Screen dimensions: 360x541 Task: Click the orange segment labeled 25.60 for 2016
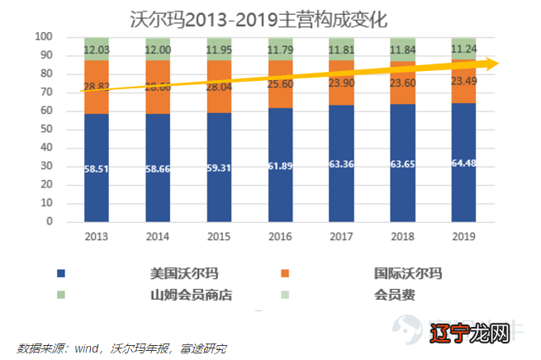(x=281, y=85)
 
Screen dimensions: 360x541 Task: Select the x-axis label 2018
(x=403, y=235)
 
